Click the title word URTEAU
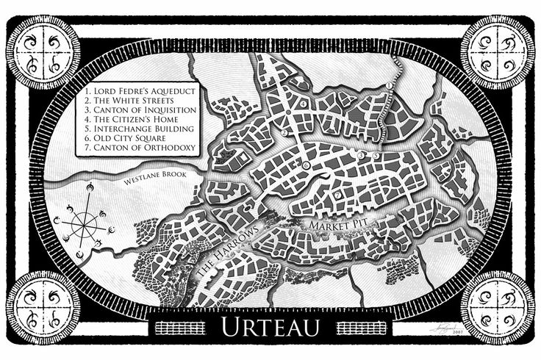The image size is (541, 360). pos(270,327)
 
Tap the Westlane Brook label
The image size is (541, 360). pos(147,176)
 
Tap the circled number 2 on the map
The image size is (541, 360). pos(284,134)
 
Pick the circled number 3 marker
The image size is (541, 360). pos(361,156)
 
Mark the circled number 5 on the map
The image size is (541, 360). pos(376,156)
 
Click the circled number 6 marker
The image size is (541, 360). pos(306,166)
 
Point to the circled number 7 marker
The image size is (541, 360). pos(337,195)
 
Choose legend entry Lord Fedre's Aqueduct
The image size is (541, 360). pos(138,87)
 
